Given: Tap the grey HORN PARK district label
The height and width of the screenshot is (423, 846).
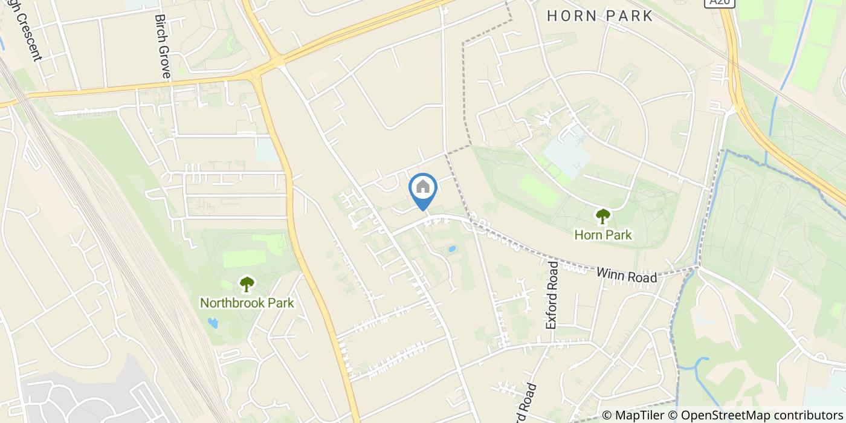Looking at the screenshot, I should coord(600,16).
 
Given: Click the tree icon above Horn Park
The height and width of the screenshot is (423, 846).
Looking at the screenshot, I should coord(602,216).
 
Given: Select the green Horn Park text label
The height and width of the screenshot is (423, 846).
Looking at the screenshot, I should coord(603,235).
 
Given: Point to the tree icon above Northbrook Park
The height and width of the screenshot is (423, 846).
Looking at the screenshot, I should coord(247,283).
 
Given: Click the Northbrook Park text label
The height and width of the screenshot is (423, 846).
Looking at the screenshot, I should coord(247,303).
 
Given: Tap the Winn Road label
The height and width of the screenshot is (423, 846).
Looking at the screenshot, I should coord(626,275).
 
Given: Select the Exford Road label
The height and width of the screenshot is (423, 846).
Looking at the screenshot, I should coord(551,295).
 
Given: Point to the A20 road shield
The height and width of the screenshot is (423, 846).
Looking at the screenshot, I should coord(714,3).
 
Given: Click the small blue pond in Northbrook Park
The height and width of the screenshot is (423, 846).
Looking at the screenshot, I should coord(212,323).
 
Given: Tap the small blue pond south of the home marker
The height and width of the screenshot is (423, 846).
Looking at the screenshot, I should coord(451,249).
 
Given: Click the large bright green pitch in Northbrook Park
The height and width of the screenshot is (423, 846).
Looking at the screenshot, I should coord(244,258).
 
